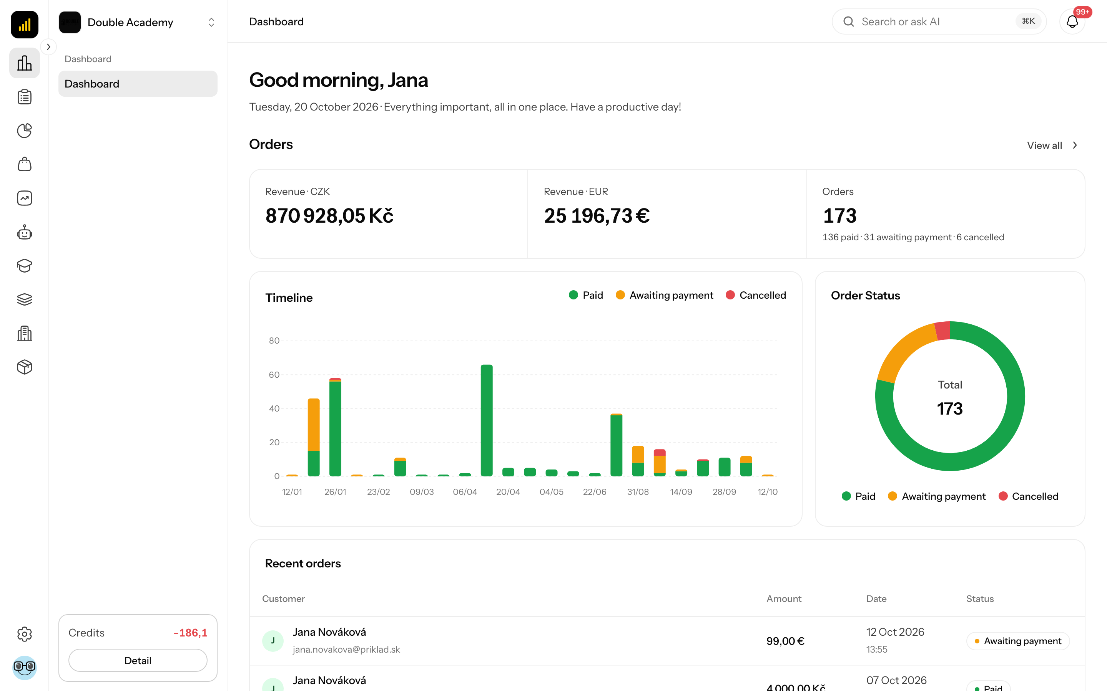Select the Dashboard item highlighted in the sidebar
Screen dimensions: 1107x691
point(138,84)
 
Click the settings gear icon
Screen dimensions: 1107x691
point(25,634)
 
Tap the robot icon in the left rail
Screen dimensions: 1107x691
point(25,232)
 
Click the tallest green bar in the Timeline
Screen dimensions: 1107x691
point(487,420)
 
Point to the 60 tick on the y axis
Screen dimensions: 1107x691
point(274,375)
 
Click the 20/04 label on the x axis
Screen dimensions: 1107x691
point(508,492)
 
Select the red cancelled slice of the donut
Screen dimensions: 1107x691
point(943,331)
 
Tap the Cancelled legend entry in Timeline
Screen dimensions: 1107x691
point(756,295)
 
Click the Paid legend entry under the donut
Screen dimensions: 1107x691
point(858,496)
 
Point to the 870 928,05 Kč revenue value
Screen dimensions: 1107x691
point(329,216)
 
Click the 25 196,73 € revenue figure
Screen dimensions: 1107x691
point(597,216)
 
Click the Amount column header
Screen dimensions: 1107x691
point(784,599)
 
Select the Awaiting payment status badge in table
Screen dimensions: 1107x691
point(1018,641)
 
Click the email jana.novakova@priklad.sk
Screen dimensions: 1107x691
point(346,650)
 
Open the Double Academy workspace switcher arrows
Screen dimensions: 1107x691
point(211,22)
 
